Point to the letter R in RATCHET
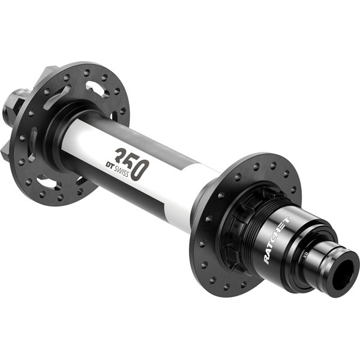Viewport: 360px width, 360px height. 266,259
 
